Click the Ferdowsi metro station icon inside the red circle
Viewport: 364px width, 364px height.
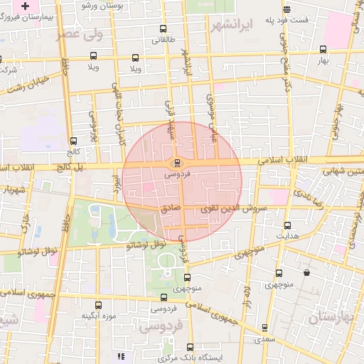point(177,162)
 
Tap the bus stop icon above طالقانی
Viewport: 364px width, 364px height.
point(164,29)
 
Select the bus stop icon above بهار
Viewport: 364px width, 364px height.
point(323,49)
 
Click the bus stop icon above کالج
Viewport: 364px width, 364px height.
point(74,141)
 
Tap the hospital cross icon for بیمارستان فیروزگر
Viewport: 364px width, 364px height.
point(26,4)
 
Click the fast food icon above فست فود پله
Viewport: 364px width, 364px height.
point(287,10)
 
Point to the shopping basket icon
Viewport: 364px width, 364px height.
point(306,272)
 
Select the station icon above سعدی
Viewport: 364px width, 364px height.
point(264,328)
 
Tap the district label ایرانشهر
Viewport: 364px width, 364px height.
point(232,26)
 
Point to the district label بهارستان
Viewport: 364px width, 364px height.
point(335,316)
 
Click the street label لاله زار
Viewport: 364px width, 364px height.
point(247,298)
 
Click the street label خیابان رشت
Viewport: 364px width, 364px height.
point(28,82)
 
